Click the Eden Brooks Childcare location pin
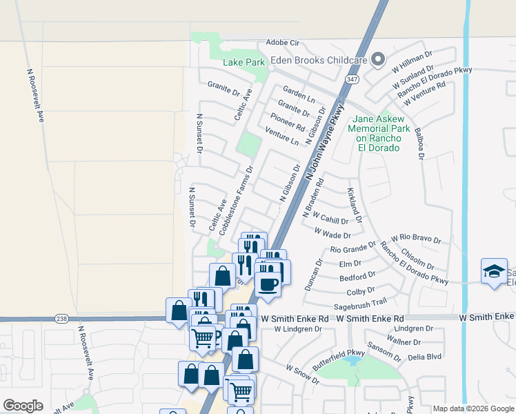(377, 60)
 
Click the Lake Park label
(244, 63)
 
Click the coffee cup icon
(268, 283)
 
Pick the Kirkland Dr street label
(355, 205)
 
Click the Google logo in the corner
(23, 405)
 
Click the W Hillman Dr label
(412, 61)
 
